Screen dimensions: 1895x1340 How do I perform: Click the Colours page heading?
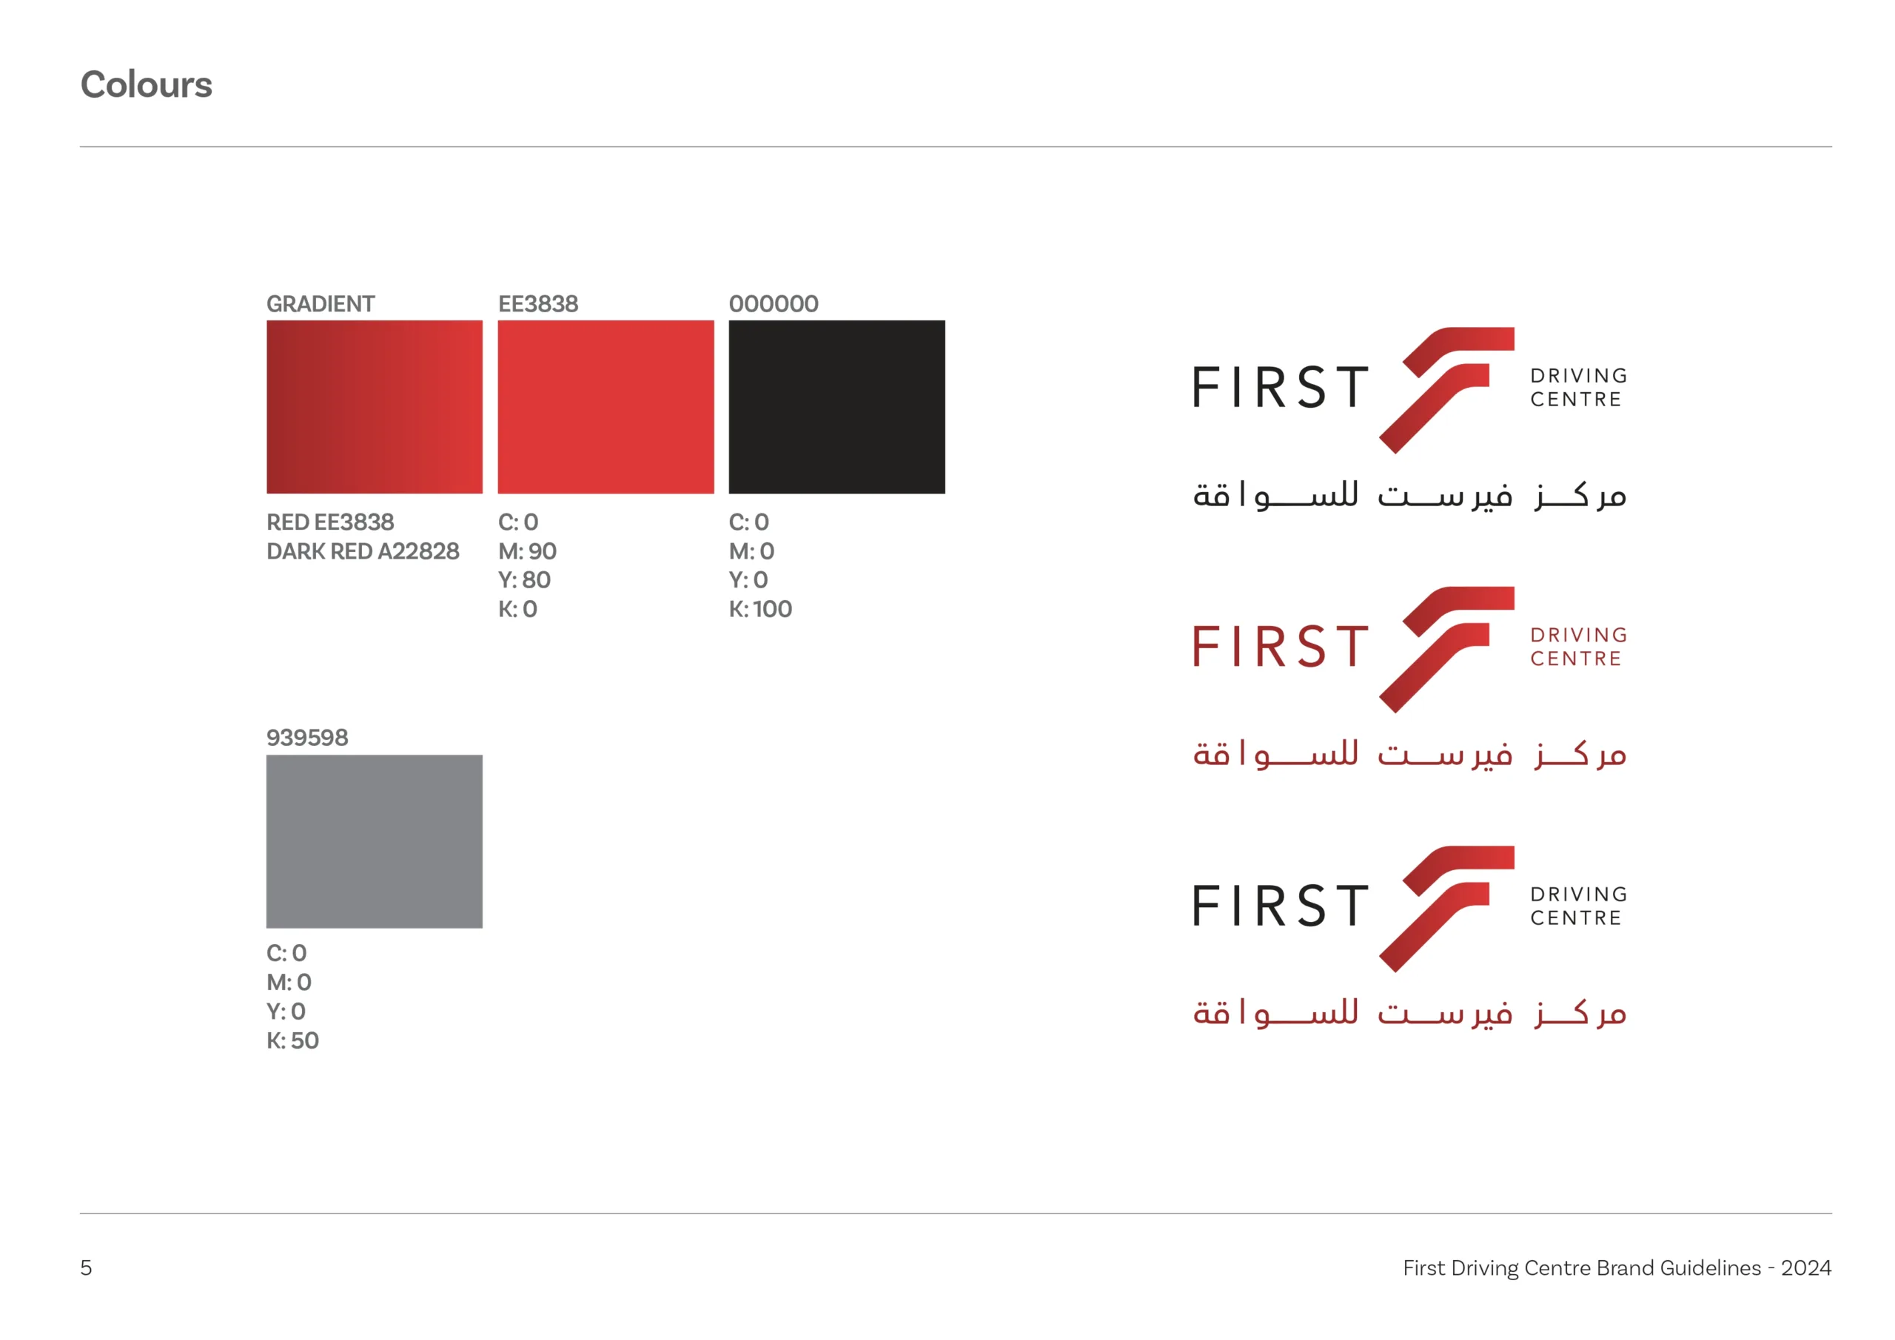pyautogui.click(x=146, y=85)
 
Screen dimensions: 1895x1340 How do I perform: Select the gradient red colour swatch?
pyautogui.click(x=374, y=407)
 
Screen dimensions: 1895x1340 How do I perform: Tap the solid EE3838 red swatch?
pyautogui.click(x=606, y=407)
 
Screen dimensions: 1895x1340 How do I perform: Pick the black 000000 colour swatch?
pyautogui.click(x=837, y=407)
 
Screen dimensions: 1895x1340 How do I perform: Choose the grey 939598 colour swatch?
pyautogui.click(x=374, y=841)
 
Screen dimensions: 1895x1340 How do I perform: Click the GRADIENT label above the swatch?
pyautogui.click(x=321, y=303)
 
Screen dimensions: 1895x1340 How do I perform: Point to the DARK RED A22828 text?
pyautogui.click(x=362, y=551)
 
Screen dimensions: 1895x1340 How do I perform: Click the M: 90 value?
pyautogui.click(x=527, y=551)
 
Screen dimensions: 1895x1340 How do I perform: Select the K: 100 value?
pyautogui.click(x=760, y=609)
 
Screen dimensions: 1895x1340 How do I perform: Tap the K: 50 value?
pyautogui.click(x=292, y=1040)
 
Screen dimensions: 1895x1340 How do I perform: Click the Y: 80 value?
pyautogui.click(x=524, y=580)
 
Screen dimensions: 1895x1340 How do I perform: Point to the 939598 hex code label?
pyautogui.click(x=307, y=738)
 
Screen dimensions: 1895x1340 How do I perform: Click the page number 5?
pyautogui.click(x=86, y=1267)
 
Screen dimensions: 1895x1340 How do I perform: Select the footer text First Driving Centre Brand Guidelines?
pyautogui.click(x=1581, y=1268)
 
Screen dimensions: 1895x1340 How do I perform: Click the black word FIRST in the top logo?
pyautogui.click(x=1280, y=388)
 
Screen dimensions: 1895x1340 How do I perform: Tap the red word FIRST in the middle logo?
pyautogui.click(x=1280, y=647)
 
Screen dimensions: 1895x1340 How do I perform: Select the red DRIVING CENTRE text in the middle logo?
pyautogui.click(x=1578, y=647)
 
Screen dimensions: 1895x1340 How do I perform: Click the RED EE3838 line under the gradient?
pyautogui.click(x=330, y=522)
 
